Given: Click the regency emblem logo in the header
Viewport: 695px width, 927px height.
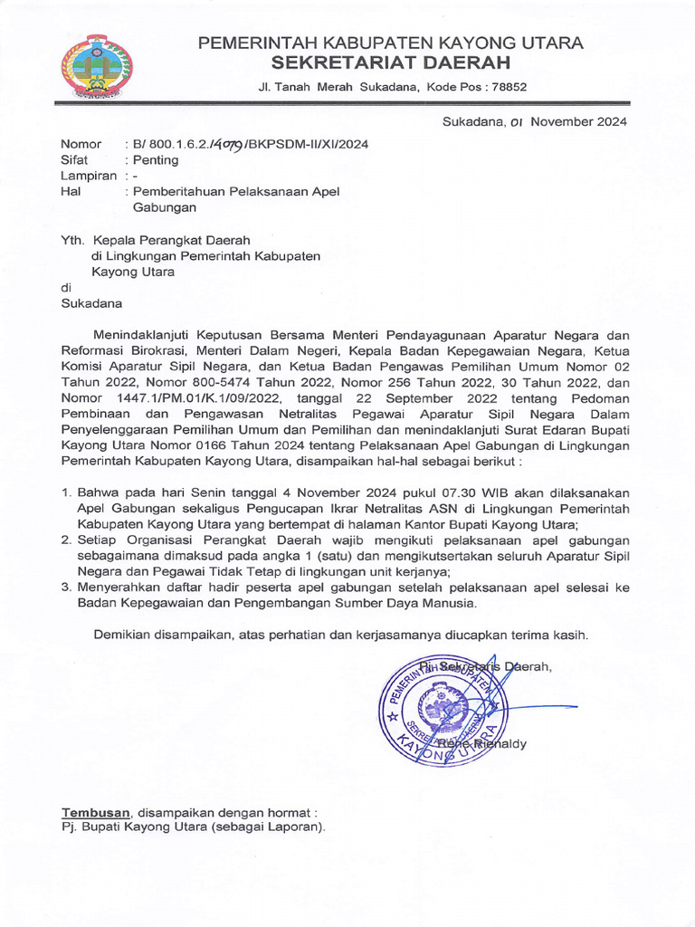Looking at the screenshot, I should click(x=96, y=66).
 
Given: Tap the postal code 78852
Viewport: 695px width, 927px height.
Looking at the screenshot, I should click(x=506, y=87).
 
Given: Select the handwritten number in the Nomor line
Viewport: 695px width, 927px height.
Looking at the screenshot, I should click(x=225, y=144).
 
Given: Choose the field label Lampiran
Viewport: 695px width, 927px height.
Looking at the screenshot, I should click(x=88, y=176).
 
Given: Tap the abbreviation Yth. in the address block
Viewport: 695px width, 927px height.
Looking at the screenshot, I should click(x=71, y=240).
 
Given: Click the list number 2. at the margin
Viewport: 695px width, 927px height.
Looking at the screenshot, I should click(x=66, y=540).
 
